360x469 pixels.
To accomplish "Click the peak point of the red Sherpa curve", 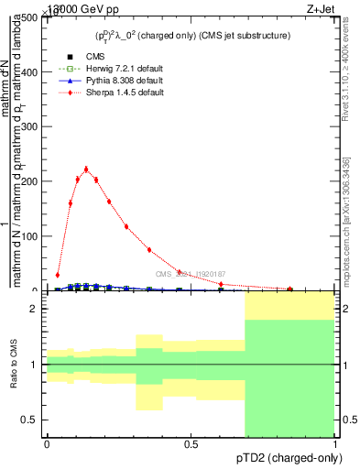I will tap(86, 169).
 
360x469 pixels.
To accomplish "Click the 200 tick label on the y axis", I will tap(32, 181).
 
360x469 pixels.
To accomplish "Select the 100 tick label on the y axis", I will tap(32, 236).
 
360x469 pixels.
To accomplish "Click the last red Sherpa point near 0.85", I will tap(290, 289).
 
